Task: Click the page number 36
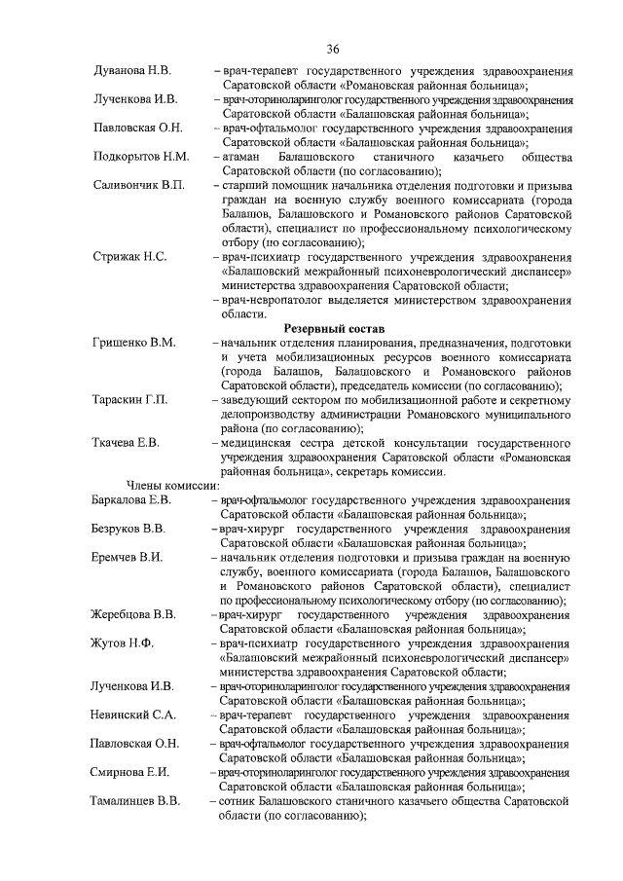pyautogui.click(x=333, y=50)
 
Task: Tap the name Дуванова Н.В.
pyautogui.click(x=132, y=72)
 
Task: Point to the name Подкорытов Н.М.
pyautogui.click(x=141, y=156)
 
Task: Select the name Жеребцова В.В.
pyautogui.click(x=135, y=615)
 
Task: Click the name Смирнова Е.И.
pyautogui.click(x=131, y=772)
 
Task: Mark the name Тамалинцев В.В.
pyautogui.click(x=137, y=800)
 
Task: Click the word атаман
pyautogui.click(x=244, y=156)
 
